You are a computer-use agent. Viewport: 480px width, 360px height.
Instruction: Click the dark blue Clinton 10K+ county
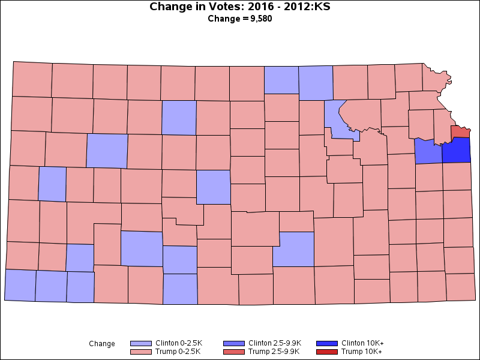(x=456, y=150)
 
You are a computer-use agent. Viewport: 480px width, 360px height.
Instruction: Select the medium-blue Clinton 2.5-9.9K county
(x=428, y=152)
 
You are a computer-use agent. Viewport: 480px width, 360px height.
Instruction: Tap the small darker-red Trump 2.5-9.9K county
(x=460, y=131)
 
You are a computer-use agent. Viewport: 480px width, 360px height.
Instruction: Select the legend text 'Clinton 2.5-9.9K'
(x=275, y=343)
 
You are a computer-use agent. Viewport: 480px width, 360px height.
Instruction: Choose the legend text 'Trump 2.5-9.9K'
(x=274, y=352)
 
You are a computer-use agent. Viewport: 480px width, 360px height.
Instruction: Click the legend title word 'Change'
(x=102, y=344)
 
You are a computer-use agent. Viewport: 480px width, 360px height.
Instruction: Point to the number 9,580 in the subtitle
(x=260, y=19)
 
